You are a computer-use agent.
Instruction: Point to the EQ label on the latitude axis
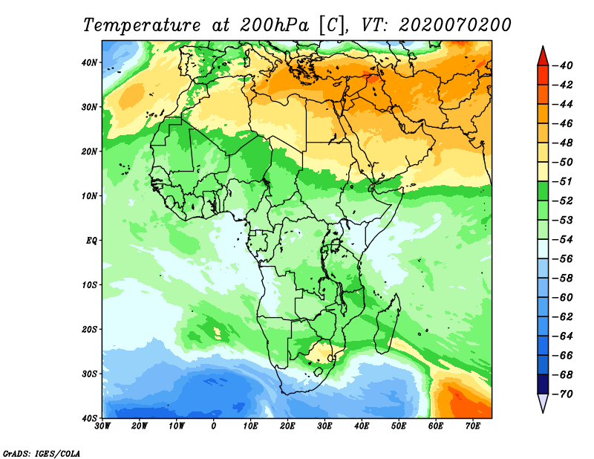click(x=92, y=241)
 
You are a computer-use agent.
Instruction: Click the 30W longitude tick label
click(x=102, y=426)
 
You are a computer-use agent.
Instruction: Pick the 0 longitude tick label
click(x=214, y=426)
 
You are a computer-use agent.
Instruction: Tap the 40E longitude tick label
click(x=362, y=426)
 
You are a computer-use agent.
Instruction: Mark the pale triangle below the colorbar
click(x=542, y=403)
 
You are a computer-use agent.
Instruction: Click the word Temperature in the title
click(x=136, y=25)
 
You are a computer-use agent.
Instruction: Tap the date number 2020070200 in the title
click(x=454, y=25)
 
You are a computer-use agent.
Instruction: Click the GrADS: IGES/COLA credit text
click(x=42, y=452)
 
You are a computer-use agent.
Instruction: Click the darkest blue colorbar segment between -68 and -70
click(x=542, y=385)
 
